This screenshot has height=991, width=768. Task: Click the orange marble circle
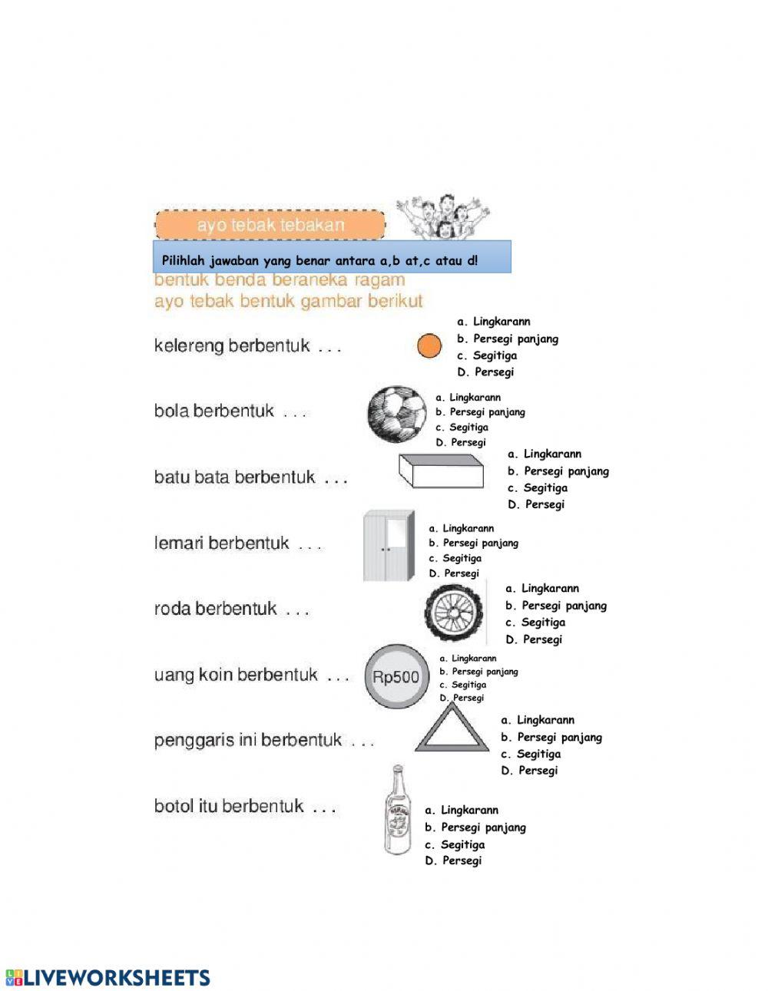tap(429, 346)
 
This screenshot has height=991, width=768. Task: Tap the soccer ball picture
tap(396, 415)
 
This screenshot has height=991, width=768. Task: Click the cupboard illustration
tap(389, 546)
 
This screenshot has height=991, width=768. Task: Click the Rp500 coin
tap(396, 676)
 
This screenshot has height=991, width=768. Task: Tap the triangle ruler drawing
tap(452, 732)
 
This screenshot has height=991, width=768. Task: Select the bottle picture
tap(397, 811)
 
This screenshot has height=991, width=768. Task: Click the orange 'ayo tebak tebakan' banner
tap(270, 225)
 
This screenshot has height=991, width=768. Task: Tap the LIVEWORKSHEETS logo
tap(108, 977)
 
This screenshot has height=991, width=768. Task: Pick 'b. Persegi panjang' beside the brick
tap(558, 471)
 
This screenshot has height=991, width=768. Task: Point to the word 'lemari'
tap(179, 543)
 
